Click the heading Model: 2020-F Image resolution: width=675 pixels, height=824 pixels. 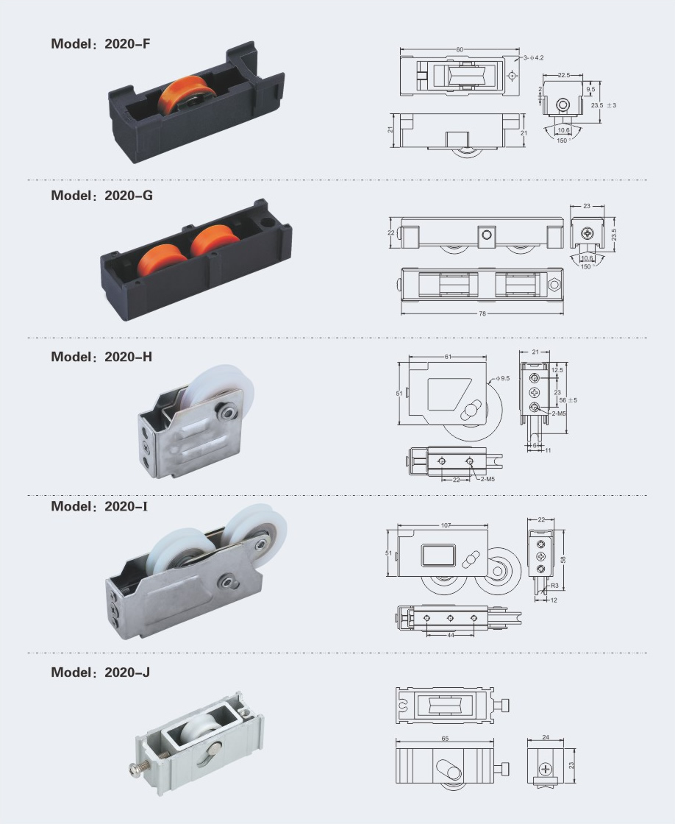(x=100, y=43)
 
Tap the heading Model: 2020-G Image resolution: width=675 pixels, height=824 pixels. (x=102, y=196)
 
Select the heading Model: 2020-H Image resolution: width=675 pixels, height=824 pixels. (x=101, y=357)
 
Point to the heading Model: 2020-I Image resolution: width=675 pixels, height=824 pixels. (x=99, y=506)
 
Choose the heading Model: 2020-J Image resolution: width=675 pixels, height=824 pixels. (x=100, y=672)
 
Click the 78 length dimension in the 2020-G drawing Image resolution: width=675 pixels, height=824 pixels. (x=482, y=313)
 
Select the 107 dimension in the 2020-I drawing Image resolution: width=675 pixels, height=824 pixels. (x=446, y=525)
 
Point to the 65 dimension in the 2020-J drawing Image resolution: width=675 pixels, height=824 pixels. (x=445, y=739)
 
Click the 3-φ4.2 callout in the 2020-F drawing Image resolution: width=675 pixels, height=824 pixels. (x=533, y=58)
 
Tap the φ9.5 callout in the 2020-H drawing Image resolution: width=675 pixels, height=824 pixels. (x=502, y=378)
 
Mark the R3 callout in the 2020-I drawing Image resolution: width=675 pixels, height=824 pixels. (x=554, y=586)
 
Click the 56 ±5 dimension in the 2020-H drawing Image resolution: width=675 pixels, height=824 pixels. (x=568, y=400)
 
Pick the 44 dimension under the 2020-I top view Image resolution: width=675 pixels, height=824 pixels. (x=451, y=636)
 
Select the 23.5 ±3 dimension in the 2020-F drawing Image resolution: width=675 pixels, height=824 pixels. (x=604, y=105)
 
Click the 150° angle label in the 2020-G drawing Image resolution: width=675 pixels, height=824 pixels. (x=586, y=266)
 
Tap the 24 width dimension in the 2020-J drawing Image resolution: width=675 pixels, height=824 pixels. (x=546, y=737)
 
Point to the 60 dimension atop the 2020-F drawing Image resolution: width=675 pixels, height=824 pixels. (x=460, y=49)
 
